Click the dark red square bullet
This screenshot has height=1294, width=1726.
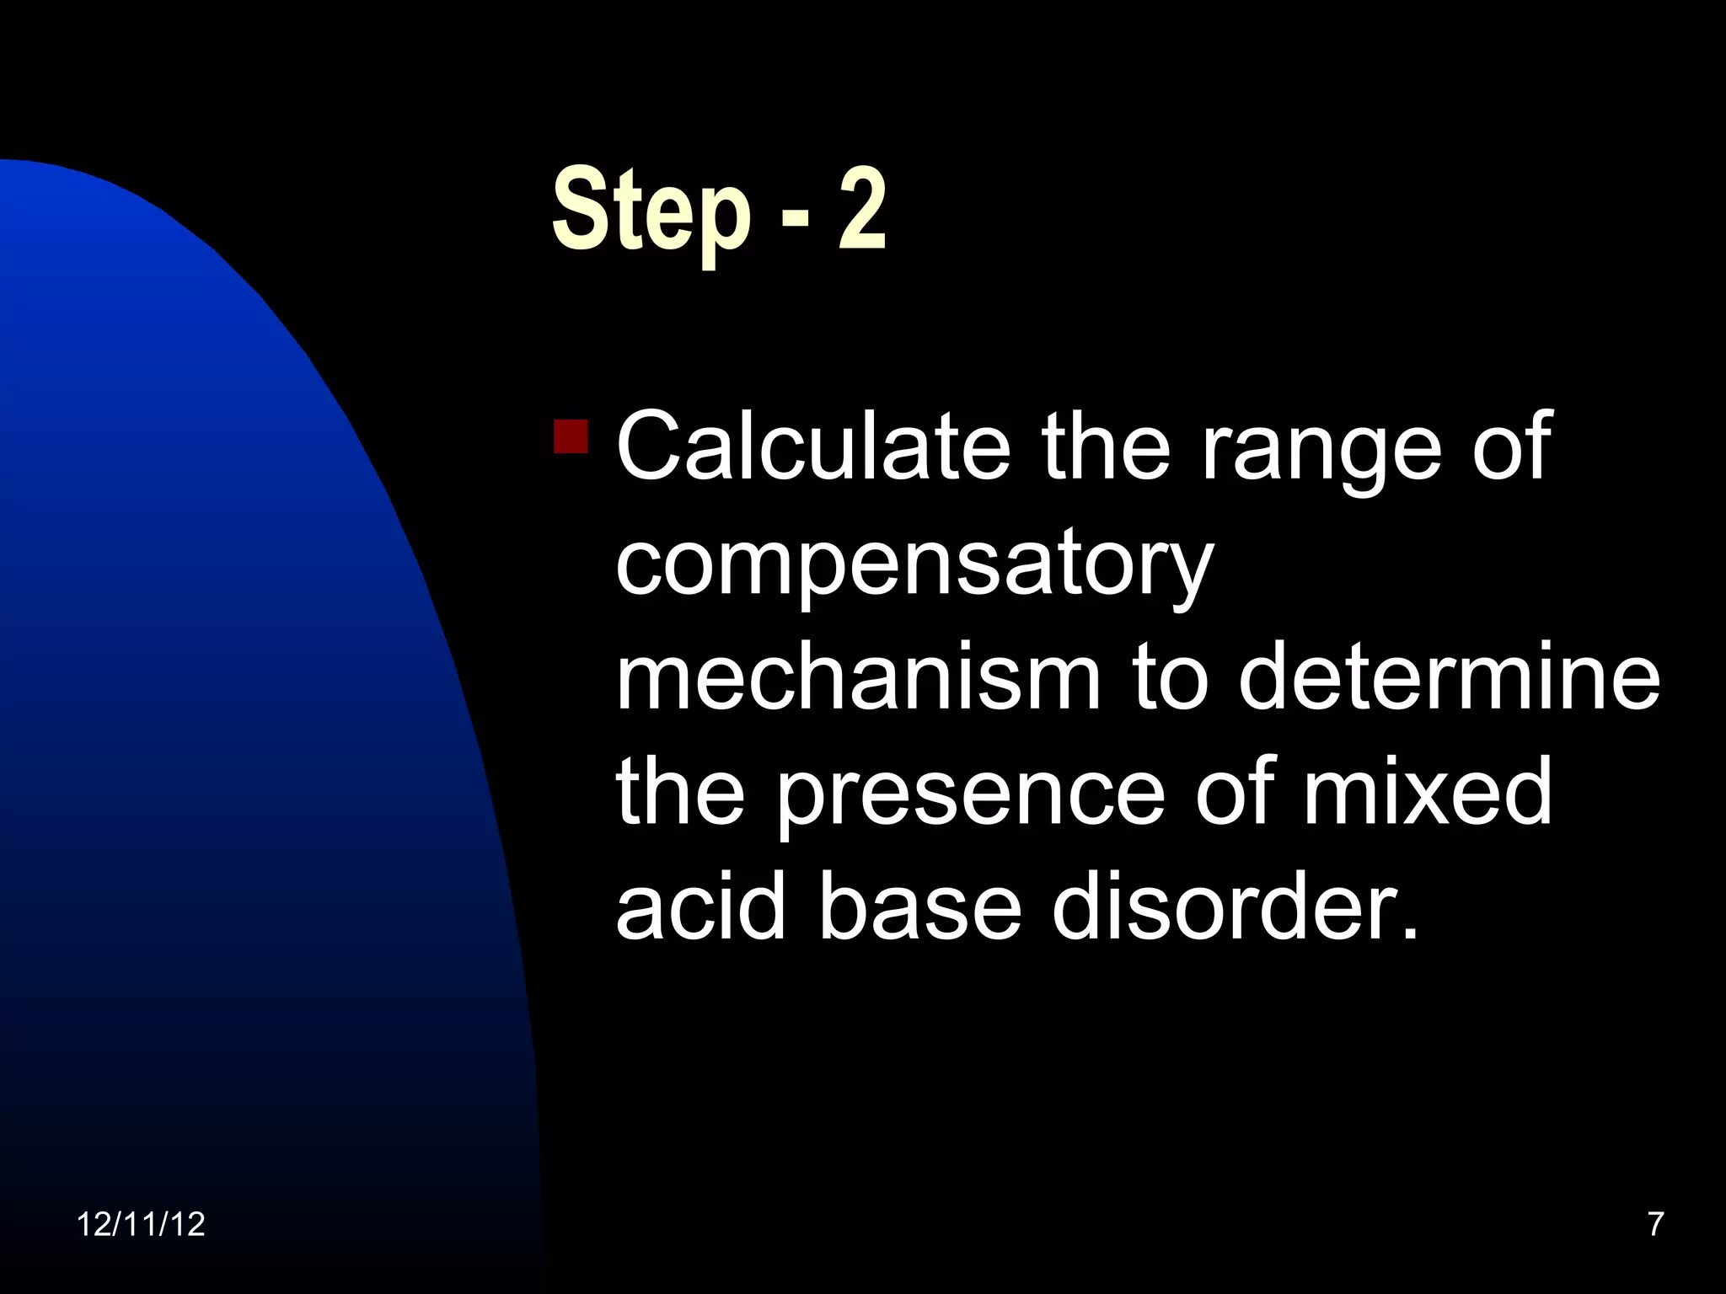[x=571, y=436]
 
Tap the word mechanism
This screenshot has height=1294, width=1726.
[x=858, y=675]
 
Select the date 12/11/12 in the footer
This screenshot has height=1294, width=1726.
[x=141, y=1224]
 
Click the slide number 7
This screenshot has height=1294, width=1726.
[x=1655, y=1224]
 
